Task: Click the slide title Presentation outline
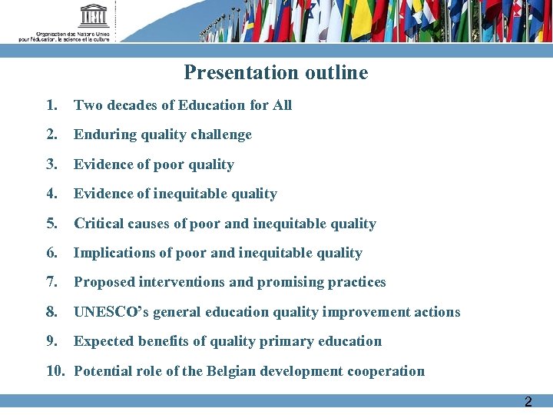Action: point(276,73)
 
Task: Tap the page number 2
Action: point(528,402)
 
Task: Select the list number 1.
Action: point(51,105)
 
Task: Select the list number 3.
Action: point(51,164)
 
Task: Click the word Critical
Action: point(98,224)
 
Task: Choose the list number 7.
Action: point(51,282)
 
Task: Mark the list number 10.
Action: point(55,371)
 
